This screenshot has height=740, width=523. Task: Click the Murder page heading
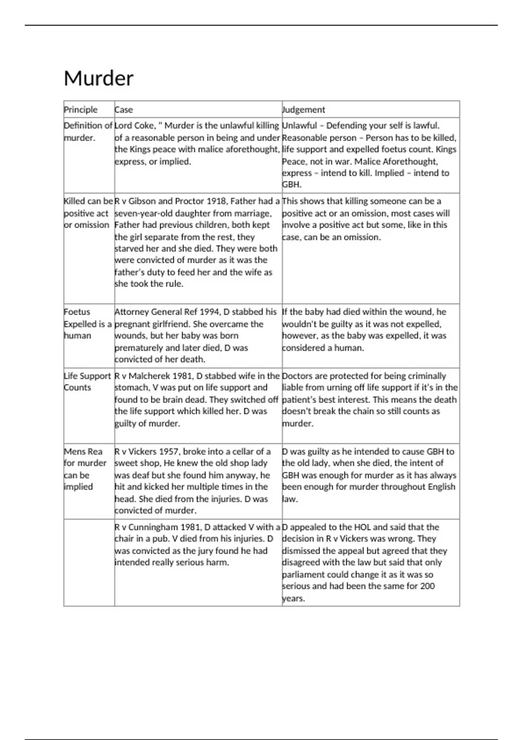tap(98, 79)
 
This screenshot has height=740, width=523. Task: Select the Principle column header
tap(81, 110)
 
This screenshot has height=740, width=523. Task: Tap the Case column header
tap(124, 110)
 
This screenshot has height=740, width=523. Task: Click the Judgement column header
tap(304, 110)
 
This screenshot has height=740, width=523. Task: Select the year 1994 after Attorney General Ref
tap(210, 312)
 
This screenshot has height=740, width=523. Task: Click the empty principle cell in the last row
tap(89, 562)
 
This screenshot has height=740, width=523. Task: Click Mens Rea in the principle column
tap(83, 451)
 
